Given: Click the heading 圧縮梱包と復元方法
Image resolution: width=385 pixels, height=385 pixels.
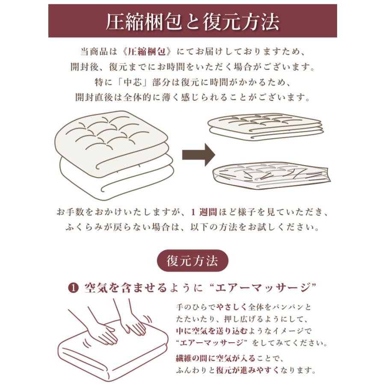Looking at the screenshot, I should click(x=192, y=21).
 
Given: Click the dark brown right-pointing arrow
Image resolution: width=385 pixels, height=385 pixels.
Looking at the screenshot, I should click(x=198, y=154).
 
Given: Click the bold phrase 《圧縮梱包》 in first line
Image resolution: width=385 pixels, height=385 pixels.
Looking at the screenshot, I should click(x=146, y=52).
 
